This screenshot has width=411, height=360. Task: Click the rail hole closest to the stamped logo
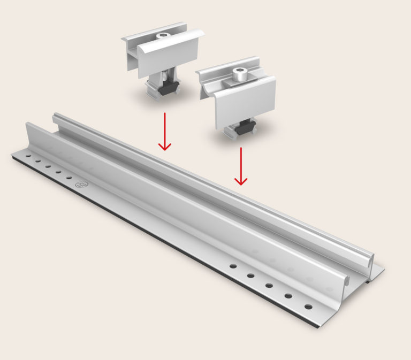click(69, 178)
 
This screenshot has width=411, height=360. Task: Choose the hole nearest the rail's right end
click(308, 307)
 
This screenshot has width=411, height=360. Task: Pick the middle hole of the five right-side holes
click(269, 285)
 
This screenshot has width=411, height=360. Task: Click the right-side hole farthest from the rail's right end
click(233, 265)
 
